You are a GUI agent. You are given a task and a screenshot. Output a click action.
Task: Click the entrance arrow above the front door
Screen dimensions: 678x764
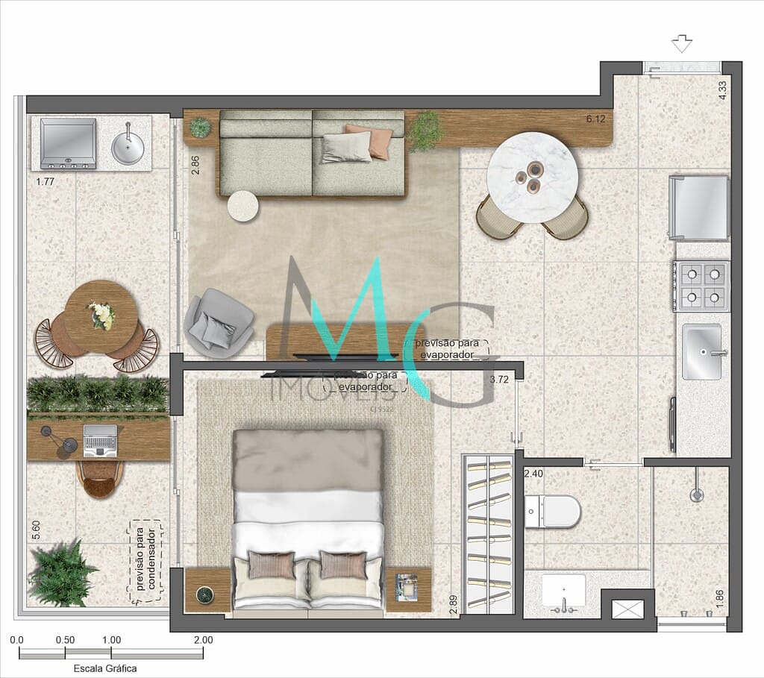click(x=682, y=45)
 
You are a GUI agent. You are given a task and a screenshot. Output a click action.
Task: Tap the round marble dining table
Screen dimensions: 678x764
click(x=531, y=177)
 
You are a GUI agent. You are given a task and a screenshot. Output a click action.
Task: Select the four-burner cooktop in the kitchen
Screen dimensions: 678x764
click(x=701, y=286)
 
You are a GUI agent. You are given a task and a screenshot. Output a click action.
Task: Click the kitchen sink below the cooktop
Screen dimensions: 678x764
click(x=702, y=351)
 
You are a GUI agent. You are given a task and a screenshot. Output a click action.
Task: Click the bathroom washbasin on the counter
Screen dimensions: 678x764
click(x=563, y=591)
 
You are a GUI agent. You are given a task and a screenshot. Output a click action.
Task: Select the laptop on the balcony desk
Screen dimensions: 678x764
click(x=100, y=440)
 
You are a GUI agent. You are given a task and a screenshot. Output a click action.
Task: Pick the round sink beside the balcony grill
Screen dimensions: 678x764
click(x=128, y=147)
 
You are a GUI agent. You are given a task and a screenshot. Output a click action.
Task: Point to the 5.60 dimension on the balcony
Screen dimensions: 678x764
click(x=36, y=530)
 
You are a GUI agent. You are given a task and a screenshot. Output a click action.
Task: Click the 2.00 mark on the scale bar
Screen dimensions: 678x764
click(x=203, y=640)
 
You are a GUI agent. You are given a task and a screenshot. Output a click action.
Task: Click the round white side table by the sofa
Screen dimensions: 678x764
click(x=242, y=206)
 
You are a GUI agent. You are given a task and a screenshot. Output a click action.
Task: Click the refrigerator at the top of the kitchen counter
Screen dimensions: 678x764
click(x=700, y=207)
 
